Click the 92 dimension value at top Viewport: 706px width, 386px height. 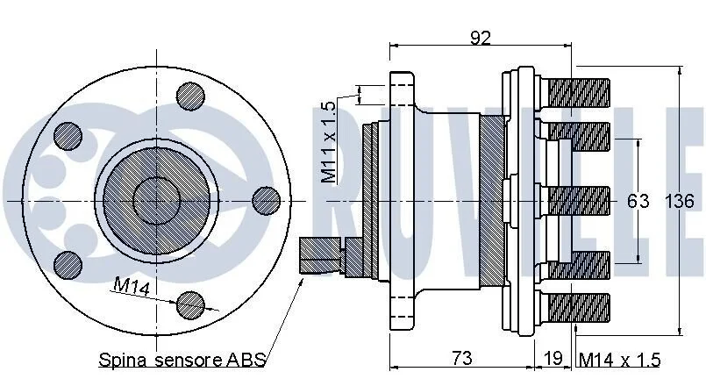[x=481, y=38]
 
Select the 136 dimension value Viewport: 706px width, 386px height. [x=680, y=201]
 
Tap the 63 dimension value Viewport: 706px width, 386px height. [x=638, y=201]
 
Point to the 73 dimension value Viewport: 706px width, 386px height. [x=462, y=358]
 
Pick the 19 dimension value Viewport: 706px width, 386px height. [x=553, y=358]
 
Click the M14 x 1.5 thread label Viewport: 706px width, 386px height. [x=619, y=360]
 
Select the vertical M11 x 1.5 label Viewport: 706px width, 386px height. [x=329, y=142]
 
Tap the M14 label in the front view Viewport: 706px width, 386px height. [x=132, y=287]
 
